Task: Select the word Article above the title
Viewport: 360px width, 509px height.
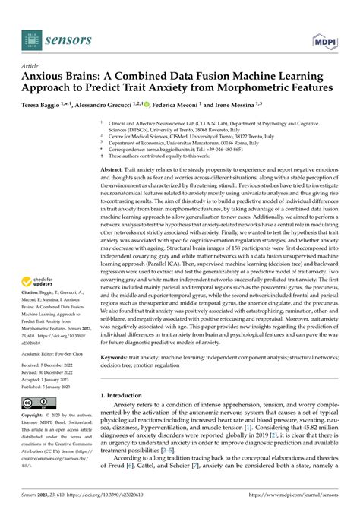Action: [x=35, y=66]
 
